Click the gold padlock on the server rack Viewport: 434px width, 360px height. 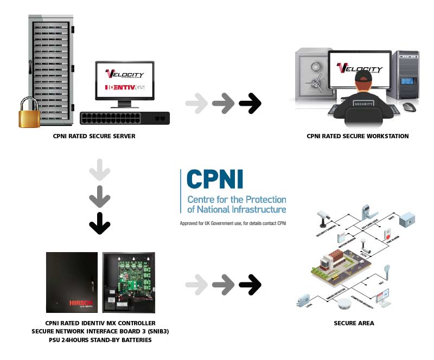tap(29, 113)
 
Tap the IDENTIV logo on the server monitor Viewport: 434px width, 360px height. tap(124, 87)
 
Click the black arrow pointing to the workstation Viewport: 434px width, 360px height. tap(250, 104)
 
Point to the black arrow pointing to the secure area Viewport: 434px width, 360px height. tap(250, 285)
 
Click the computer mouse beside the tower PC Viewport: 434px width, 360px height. tap(410, 106)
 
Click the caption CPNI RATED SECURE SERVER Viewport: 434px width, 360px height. tap(95, 136)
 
